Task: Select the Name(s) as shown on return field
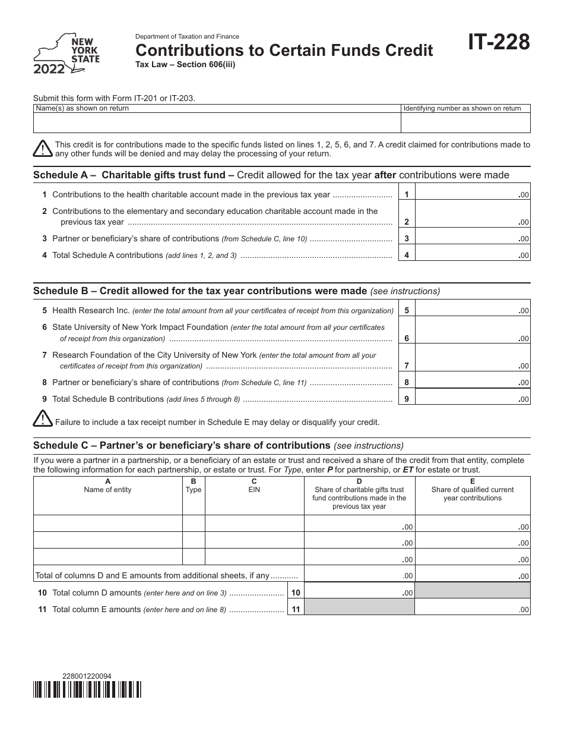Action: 217,122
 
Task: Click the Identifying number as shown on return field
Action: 465,122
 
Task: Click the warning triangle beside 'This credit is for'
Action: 43,149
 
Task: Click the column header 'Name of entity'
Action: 107,490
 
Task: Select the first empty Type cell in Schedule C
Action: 194,524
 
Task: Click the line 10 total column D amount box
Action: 359,593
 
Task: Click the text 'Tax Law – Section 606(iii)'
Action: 186,65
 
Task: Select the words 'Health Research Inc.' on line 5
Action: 91,310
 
